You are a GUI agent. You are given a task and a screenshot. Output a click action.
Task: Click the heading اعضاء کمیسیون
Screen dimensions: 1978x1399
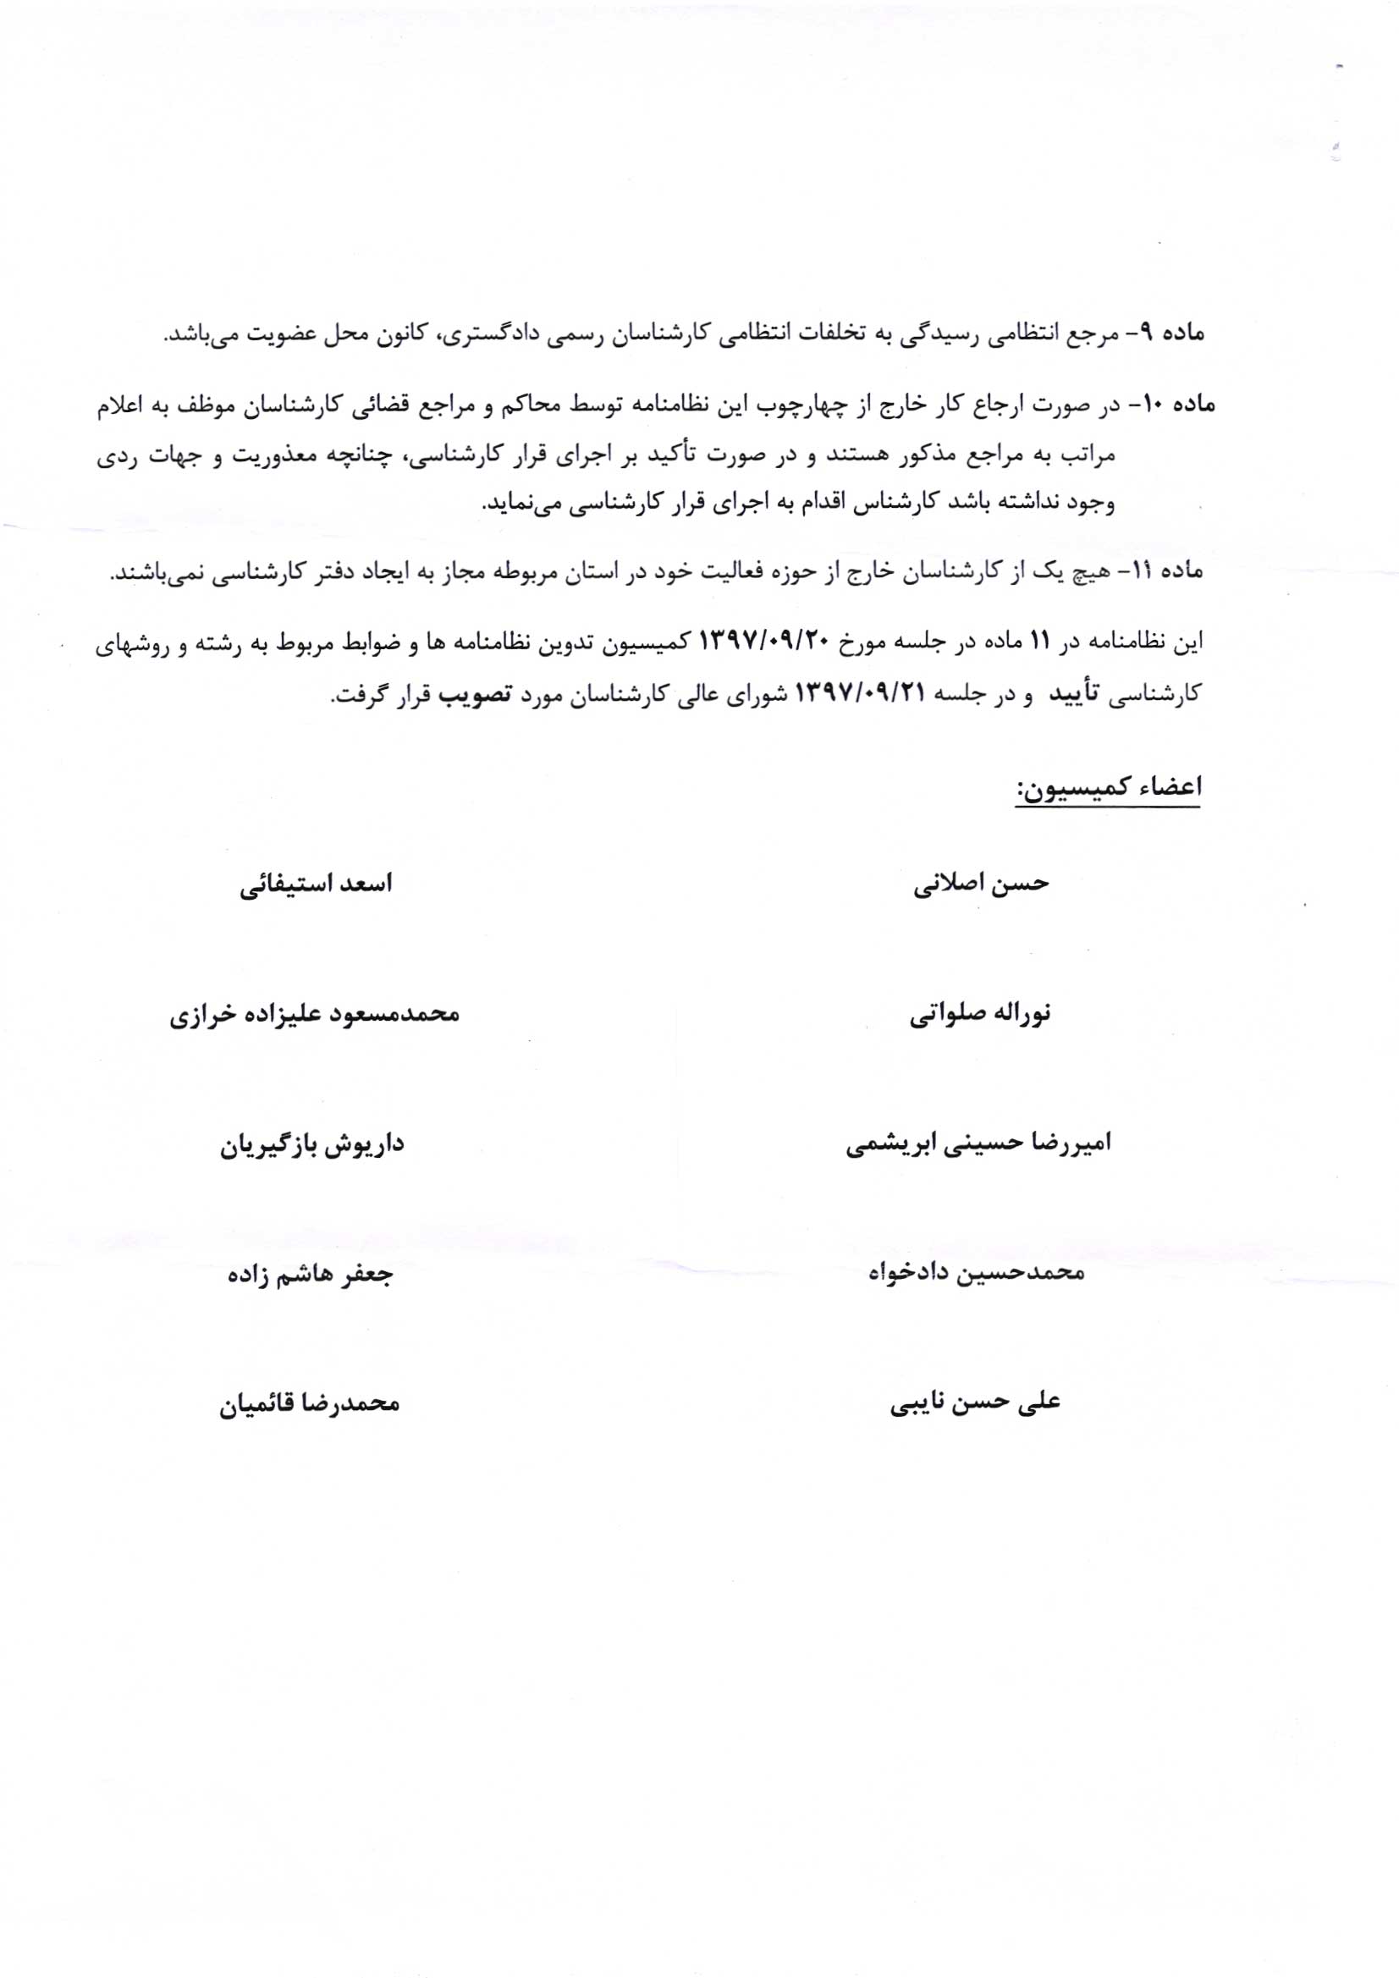[x=1108, y=788]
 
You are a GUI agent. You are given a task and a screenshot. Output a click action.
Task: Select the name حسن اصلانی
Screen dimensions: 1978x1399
[x=981, y=884]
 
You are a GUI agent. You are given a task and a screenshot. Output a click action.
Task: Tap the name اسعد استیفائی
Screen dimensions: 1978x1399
[x=316, y=884]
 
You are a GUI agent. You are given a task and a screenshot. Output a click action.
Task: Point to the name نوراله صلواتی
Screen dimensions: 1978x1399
[x=980, y=1014]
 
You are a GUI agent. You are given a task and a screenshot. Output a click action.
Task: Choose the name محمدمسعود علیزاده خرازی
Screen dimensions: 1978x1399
[x=315, y=1015]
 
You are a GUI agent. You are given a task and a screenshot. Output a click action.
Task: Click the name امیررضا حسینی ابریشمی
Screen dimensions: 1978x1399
[x=978, y=1144]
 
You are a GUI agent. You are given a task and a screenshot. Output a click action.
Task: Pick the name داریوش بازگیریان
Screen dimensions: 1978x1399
[x=311, y=1146]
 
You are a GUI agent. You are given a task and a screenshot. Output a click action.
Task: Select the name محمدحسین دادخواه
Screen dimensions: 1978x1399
[x=976, y=1272]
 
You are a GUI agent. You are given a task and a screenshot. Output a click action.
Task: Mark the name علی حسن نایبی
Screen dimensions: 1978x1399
[x=975, y=1402]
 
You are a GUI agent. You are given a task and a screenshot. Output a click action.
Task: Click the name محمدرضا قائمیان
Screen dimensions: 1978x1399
[x=309, y=1404]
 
